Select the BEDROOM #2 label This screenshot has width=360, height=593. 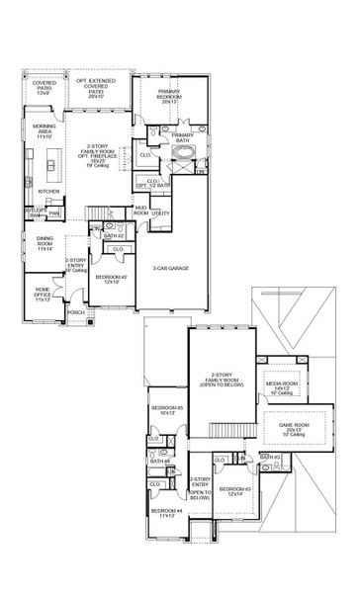109,279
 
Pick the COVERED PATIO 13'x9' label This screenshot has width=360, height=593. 45,88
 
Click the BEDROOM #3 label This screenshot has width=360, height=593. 234,491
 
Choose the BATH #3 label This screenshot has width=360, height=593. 271,458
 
